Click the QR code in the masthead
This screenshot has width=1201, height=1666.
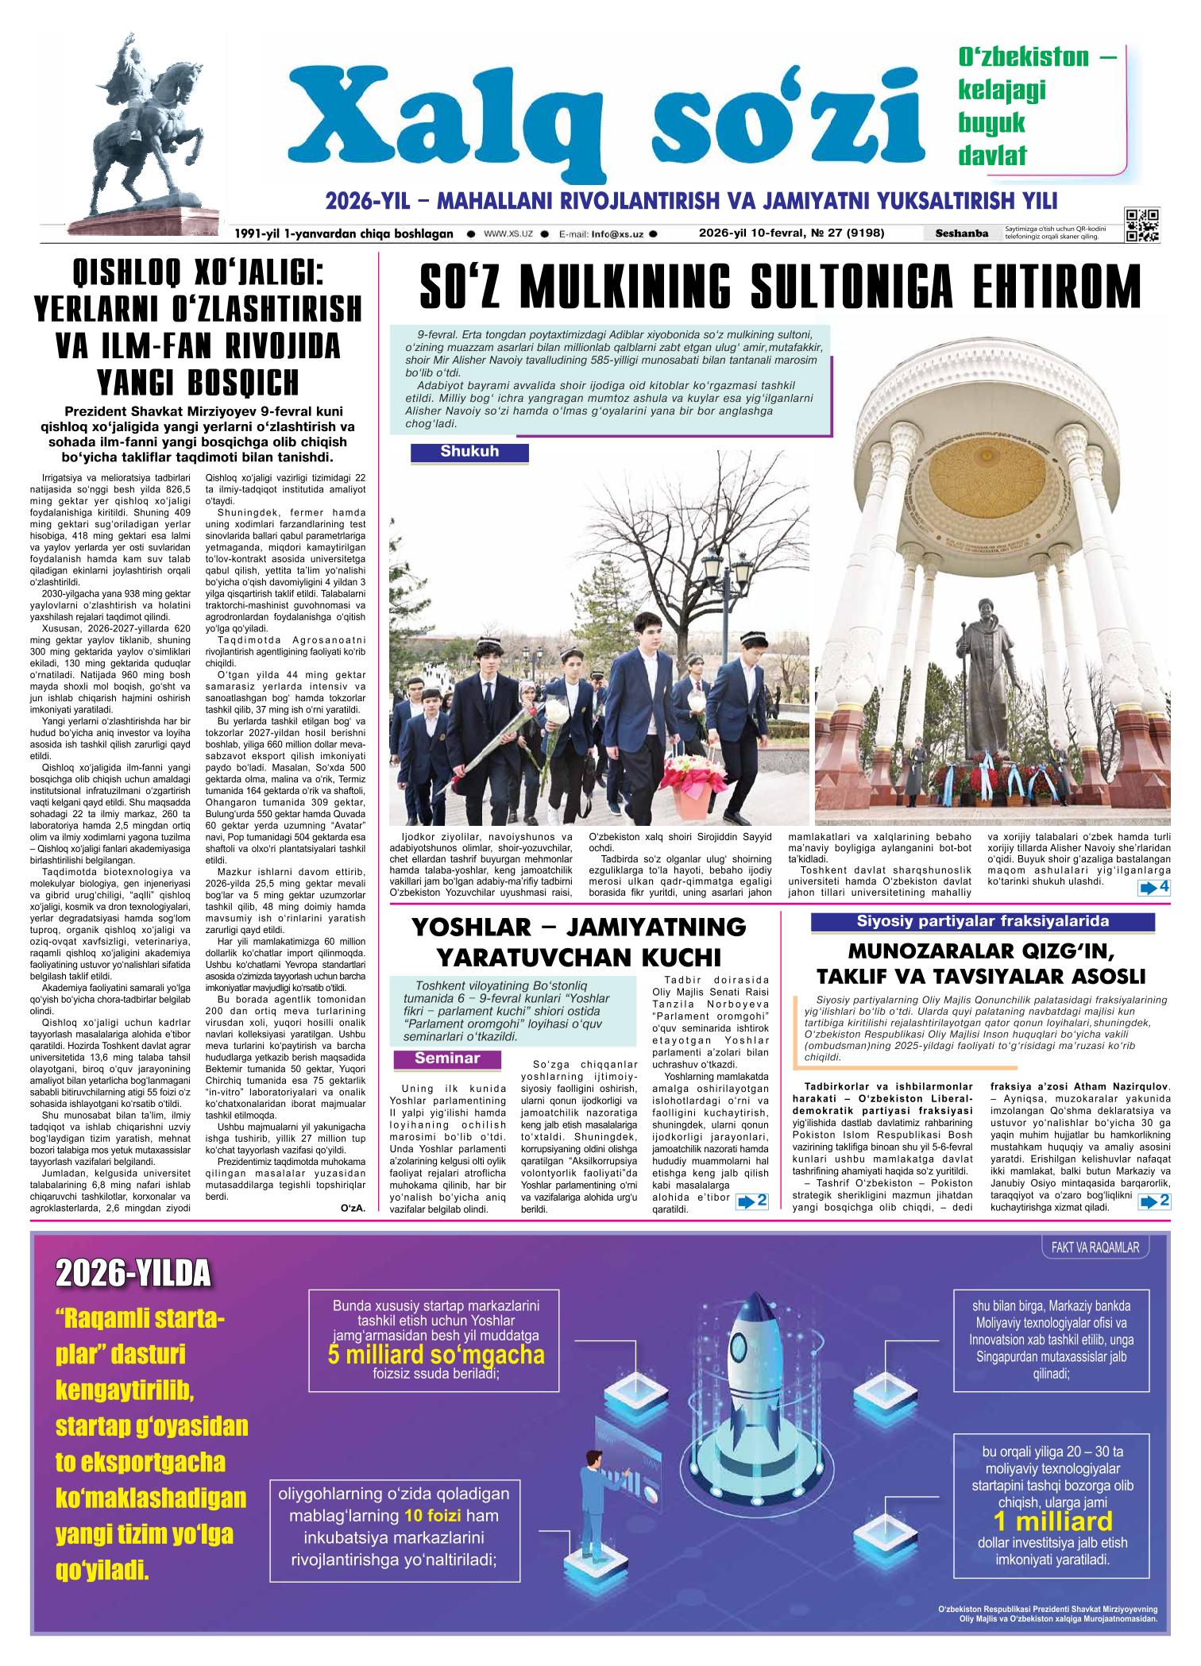point(1141,225)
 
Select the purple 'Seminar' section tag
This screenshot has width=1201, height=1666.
point(447,1059)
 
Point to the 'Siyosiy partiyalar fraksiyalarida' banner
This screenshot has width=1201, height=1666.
point(982,922)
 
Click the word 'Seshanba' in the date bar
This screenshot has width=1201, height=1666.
point(962,233)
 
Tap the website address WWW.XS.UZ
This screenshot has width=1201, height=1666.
point(508,234)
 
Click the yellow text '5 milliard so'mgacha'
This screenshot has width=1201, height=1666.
point(436,1354)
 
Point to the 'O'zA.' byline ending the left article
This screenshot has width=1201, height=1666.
point(352,1209)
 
